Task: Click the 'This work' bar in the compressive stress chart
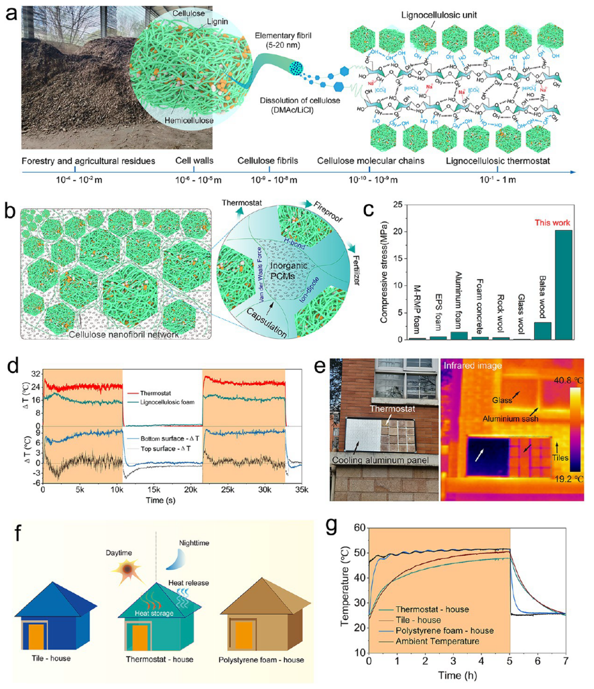point(563,285)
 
